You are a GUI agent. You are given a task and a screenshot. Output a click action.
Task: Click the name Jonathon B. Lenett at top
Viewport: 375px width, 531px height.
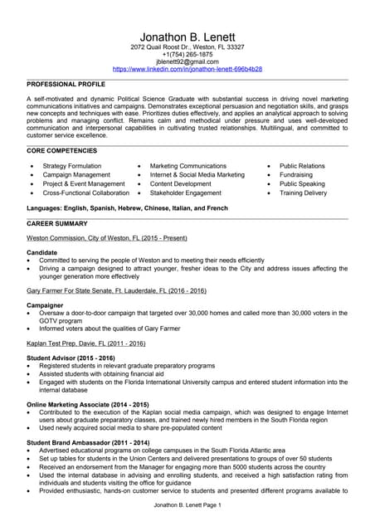(x=187, y=37)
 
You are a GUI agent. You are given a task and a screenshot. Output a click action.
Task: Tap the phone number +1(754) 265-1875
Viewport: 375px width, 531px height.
(x=187, y=55)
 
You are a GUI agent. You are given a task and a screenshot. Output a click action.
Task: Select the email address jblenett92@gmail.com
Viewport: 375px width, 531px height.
(x=187, y=62)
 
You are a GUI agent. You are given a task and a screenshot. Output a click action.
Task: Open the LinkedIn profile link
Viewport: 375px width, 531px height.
(x=187, y=70)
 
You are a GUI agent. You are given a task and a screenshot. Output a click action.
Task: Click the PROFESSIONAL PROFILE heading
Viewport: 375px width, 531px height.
(x=66, y=85)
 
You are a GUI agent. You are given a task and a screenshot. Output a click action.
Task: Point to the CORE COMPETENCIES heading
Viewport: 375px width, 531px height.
(x=61, y=151)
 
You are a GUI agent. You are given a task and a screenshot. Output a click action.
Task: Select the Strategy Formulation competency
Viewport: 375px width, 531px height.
(x=72, y=166)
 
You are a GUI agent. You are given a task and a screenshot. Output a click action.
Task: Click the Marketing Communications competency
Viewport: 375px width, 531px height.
(x=187, y=166)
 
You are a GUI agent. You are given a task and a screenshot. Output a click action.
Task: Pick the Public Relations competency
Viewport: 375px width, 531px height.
(x=302, y=166)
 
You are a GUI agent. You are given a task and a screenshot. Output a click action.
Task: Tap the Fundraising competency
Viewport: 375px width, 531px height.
(x=296, y=175)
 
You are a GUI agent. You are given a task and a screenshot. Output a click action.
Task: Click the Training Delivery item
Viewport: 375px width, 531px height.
(x=303, y=192)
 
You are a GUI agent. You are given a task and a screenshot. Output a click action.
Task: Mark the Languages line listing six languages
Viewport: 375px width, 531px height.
(x=127, y=207)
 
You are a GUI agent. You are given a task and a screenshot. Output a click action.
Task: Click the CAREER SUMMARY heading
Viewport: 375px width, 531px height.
(x=57, y=224)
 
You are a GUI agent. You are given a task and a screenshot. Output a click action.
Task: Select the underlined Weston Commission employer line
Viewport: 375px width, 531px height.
(x=107, y=238)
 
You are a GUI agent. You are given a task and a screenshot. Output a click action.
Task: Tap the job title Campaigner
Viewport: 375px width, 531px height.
(x=45, y=305)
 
